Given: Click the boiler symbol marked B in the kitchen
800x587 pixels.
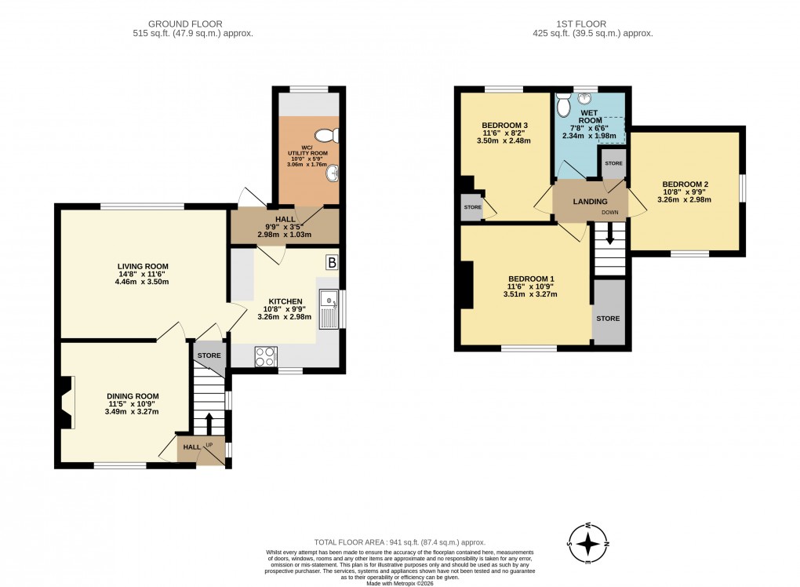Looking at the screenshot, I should tap(331, 262).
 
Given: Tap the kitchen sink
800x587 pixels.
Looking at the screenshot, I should tap(328, 308).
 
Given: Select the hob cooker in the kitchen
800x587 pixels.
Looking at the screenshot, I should tap(266, 356).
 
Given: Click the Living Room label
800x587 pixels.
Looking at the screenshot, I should tap(138, 266).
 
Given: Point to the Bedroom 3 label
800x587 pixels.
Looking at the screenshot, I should tap(504, 126).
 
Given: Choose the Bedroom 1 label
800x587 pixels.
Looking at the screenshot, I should tap(531, 279).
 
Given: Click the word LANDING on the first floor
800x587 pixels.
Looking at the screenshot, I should tap(590, 202).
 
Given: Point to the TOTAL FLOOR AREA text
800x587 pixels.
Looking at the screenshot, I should tap(399, 542).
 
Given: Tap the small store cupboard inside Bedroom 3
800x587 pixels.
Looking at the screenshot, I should tap(471, 207).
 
